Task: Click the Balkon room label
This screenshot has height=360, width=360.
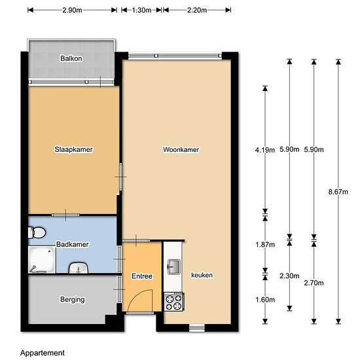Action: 71,58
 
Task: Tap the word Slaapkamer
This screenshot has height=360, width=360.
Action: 73,149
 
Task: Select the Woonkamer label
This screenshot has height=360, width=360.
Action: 181,149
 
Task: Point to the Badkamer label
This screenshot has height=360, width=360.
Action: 72,244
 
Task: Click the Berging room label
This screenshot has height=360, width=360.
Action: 72,299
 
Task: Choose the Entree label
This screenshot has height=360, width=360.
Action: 142,276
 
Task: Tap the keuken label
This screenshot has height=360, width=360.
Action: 202,275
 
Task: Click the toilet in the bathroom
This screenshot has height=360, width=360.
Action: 37,232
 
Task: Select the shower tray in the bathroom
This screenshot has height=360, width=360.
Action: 42,260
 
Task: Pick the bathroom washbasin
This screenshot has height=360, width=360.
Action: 79,268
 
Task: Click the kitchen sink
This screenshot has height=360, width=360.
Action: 174,267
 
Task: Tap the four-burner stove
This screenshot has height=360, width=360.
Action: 174,302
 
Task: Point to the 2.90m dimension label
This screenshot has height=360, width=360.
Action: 72,10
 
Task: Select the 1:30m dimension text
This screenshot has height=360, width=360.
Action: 141,10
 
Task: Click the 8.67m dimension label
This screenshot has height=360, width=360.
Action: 338,192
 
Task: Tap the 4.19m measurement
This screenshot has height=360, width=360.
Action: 265,150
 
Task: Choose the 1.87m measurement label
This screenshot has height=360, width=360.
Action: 265,245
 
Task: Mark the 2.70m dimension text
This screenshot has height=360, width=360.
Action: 314,283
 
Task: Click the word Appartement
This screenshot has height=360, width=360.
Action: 43,353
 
